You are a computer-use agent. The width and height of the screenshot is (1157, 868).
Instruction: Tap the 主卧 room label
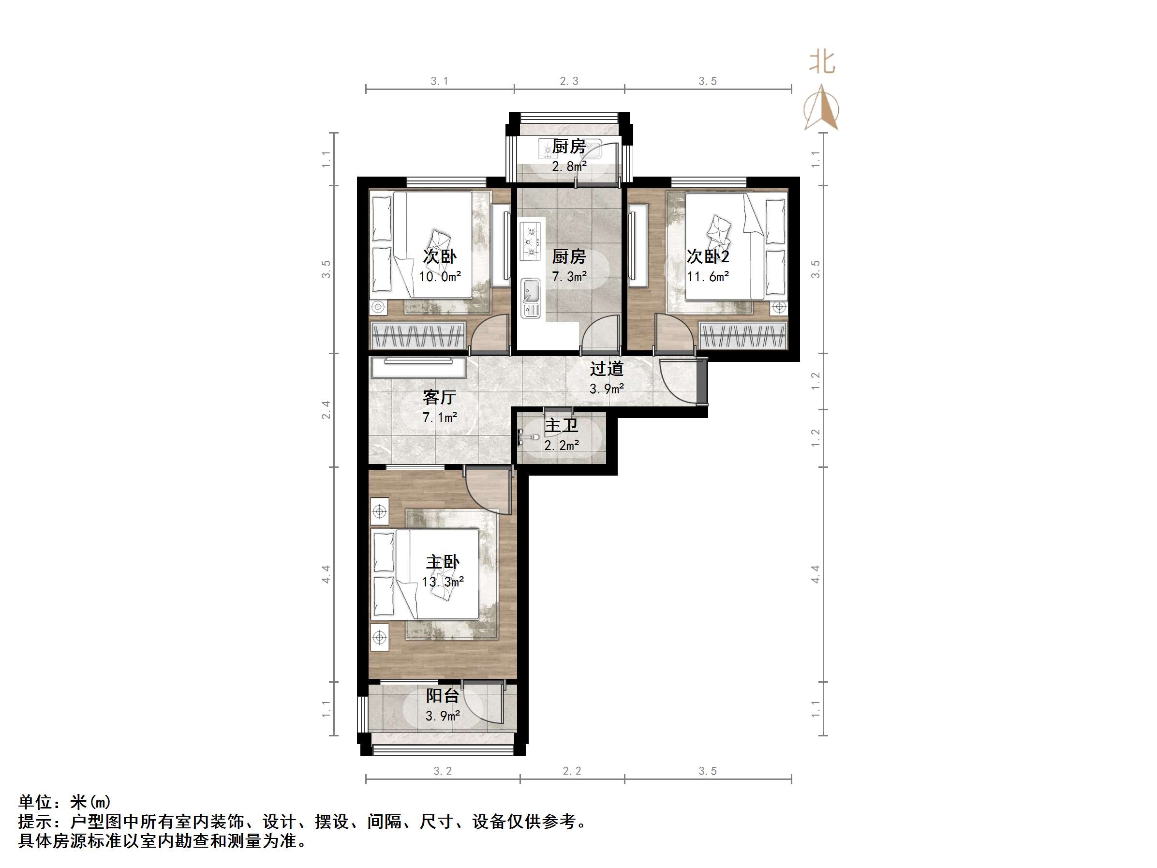click(x=443, y=562)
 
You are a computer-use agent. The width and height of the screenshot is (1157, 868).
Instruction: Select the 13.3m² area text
click(x=443, y=582)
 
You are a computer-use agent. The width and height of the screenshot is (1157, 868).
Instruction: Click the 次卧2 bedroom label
click(x=708, y=256)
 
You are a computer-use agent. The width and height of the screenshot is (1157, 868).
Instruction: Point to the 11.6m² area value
click(x=708, y=276)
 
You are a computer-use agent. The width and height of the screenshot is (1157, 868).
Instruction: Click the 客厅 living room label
click(x=439, y=398)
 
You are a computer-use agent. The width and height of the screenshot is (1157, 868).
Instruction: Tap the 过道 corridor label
click(x=607, y=369)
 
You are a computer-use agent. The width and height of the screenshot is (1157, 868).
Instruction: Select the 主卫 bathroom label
click(x=562, y=425)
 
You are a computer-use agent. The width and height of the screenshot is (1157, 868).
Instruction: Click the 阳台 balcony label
click(x=443, y=696)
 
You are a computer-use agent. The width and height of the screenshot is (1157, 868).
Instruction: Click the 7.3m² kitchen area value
click(x=569, y=276)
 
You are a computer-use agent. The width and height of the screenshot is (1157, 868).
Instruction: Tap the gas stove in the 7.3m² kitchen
click(x=532, y=242)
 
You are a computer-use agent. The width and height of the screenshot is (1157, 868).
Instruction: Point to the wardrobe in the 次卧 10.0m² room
click(x=417, y=335)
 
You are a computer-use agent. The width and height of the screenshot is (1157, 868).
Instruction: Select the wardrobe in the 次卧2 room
click(x=743, y=335)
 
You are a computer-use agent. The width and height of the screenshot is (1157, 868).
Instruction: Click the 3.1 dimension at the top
click(x=439, y=81)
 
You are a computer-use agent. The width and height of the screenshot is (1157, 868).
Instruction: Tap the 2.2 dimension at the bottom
click(x=572, y=771)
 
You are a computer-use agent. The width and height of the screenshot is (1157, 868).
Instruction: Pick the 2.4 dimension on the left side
click(x=326, y=410)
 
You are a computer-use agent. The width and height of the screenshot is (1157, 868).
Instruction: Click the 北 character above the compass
click(x=822, y=62)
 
